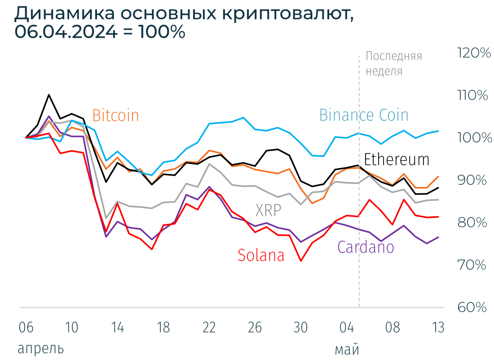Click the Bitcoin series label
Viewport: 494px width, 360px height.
coord(115,116)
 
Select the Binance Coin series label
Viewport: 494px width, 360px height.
coord(364,115)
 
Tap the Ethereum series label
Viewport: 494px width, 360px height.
coord(396,160)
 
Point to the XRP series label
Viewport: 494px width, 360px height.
coord(268,210)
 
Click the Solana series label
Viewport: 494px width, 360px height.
coord(261,255)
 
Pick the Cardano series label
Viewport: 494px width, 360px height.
coord(366,247)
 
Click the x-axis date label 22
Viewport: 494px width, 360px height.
coord(209,328)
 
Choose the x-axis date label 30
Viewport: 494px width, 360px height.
coord(300,328)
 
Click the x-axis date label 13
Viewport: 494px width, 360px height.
coord(438,328)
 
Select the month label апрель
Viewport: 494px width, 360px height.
coord(40,349)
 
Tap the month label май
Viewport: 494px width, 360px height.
coord(347,349)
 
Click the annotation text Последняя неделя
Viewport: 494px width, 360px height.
coord(393,63)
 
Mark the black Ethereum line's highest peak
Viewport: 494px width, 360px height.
coord(49,95)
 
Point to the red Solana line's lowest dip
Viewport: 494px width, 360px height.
coord(301,261)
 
